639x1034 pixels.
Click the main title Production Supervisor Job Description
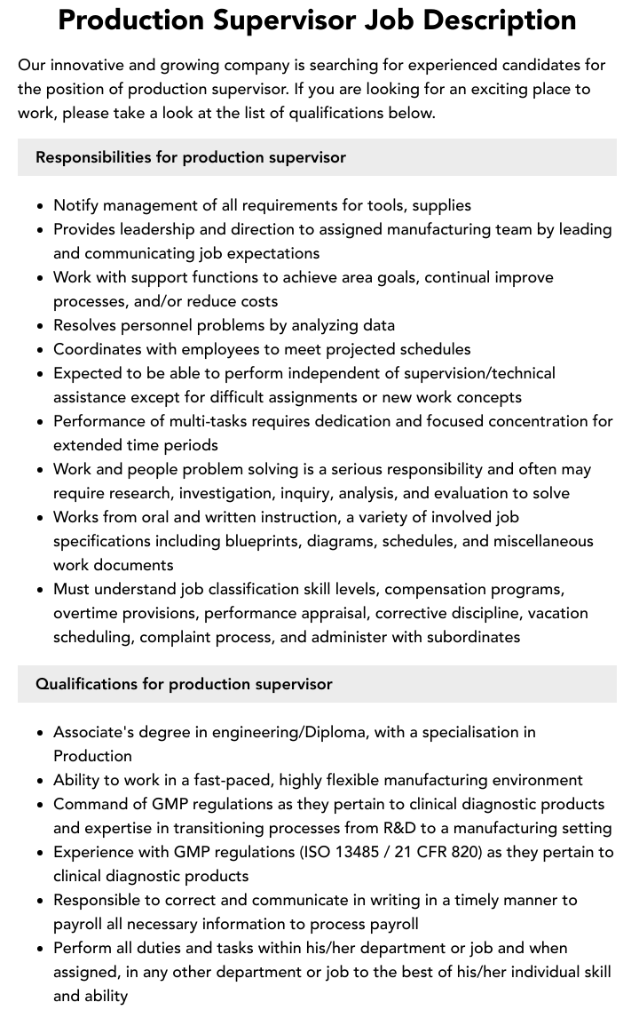(x=317, y=20)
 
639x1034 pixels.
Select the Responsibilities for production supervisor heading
(x=191, y=157)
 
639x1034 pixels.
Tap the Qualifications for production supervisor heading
(x=184, y=684)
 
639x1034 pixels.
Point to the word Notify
(x=76, y=205)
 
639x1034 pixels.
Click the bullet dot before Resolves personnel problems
(x=41, y=326)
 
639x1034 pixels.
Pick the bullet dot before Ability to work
(x=41, y=781)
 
